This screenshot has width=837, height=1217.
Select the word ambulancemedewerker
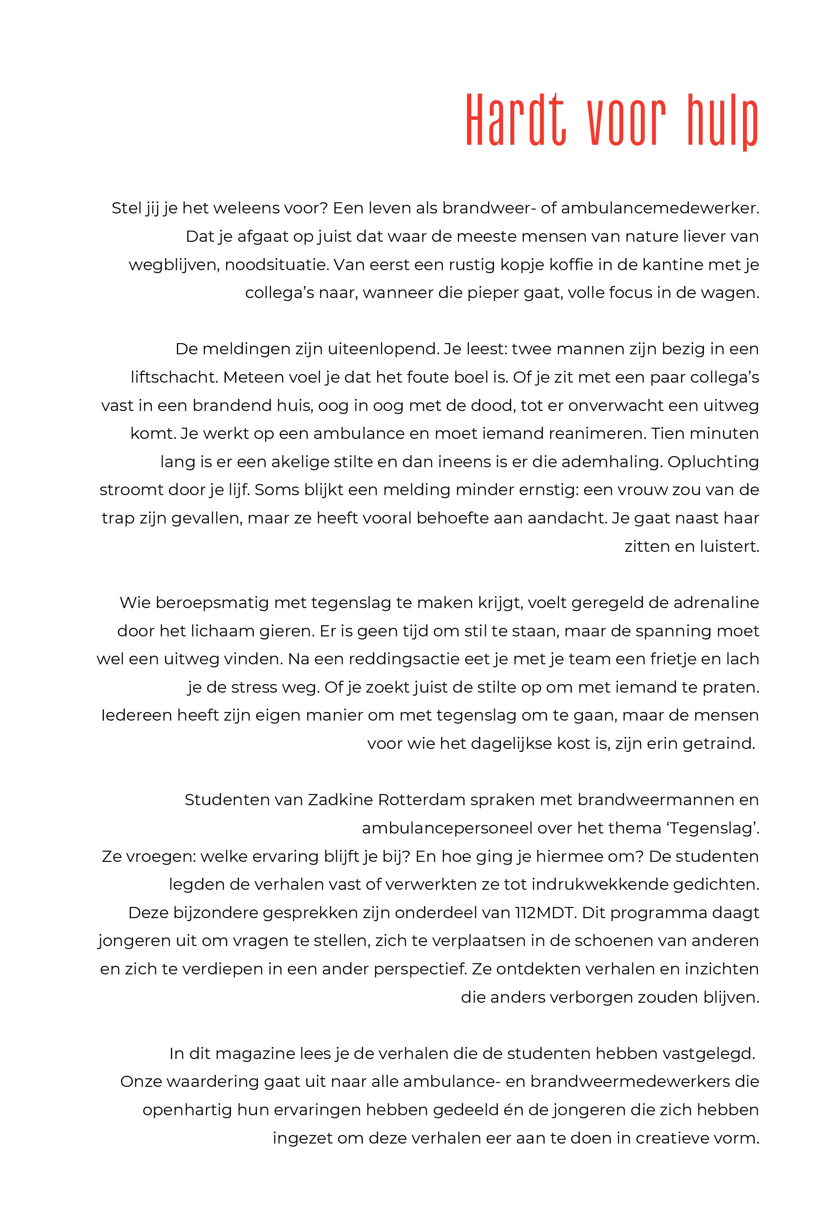point(660,208)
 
